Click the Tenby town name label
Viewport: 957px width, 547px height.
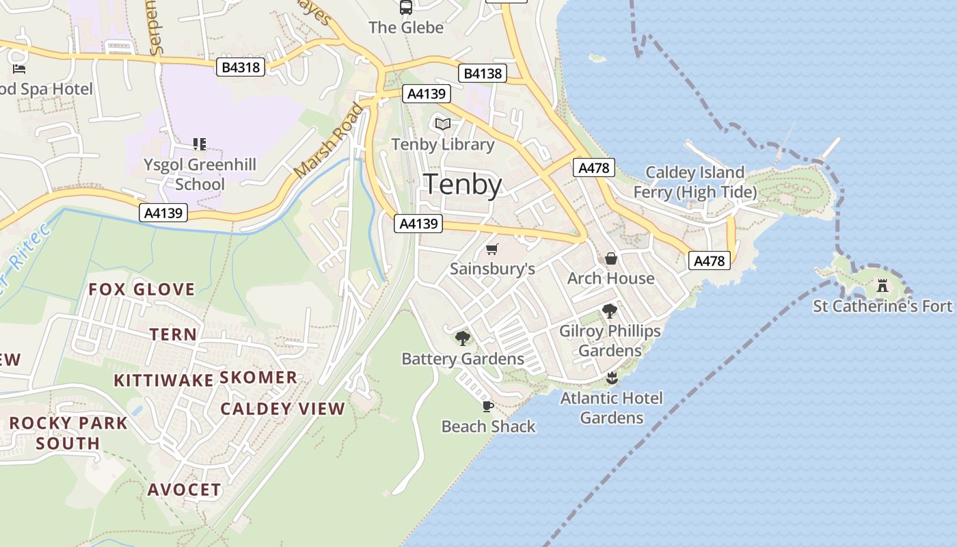pyautogui.click(x=463, y=185)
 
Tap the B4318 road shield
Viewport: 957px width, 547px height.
pyautogui.click(x=241, y=67)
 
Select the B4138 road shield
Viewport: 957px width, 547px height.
pyautogui.click(x=483, y=74)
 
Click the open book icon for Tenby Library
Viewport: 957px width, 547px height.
pyautogui.click(x=443, y=124)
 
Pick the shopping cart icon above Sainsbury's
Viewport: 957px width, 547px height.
pyautogui.click(x=492, y=249)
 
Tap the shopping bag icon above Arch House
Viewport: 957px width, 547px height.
pyautogui.click(x=611, y=258)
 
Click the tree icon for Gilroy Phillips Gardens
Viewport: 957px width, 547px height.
pyautogui.click(x=610, y=311)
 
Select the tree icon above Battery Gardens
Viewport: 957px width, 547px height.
pyautogui.click(x=463, y=338)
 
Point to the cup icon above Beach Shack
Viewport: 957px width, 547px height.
pyautogui.click(x=487, y=406)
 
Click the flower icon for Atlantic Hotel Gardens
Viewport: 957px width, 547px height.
pyautogui.click(x=612, y=378)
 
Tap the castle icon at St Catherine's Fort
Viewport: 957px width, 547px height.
pyautogui.click(x=882, y=285)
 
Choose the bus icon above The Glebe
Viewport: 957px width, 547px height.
pyautogui.click(x=406, y=8)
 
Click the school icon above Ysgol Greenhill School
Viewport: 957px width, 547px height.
pyautogui.click(x=200, y=144)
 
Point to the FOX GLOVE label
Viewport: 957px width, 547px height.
pyautogui.click(x=141, y=289)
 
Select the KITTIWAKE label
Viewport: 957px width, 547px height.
pyautogui.click(x=163, y=380)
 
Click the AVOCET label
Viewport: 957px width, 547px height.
pyautogui.click(x=185, y=490)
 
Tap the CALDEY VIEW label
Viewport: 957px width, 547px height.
pyautogui.click(x=283, y=409)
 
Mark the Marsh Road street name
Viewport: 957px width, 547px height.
pyautogui.click(x=327, y=141)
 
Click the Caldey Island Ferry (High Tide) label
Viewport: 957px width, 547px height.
pyautogui.click(x=695, y=182)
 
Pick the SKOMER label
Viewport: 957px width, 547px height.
pyautogui.click(x=258, y=377)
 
